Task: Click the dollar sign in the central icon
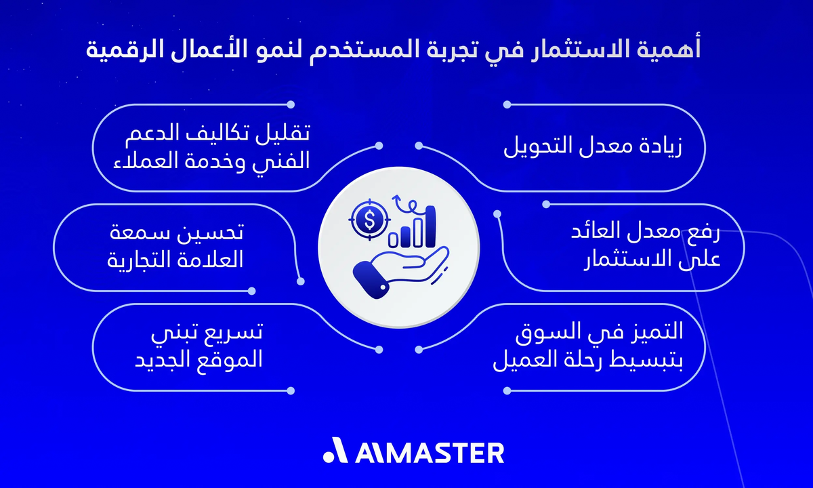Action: coord(370,219)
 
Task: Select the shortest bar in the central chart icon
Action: coord(393,239)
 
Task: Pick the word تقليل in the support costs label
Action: coord(284,134)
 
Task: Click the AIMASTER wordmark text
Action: coord(430,452)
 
